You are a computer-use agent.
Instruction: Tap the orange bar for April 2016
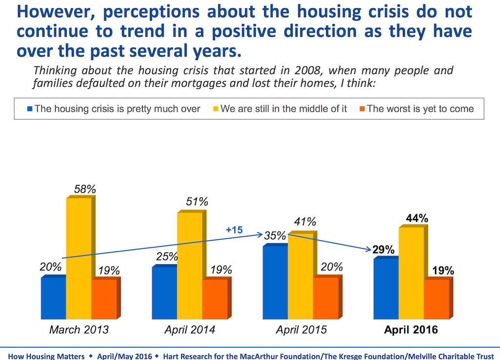coord(436,300)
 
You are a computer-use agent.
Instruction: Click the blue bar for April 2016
coord(386,290)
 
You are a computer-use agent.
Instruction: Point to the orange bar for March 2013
coord(104,300)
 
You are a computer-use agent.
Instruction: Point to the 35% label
coord(274,236)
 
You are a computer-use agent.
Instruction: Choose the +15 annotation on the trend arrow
coord(234,229)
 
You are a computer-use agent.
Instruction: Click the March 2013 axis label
coord(79,330)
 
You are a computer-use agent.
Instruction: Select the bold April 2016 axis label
coord(411,330)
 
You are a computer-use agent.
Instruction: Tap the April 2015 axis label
coord(301,330)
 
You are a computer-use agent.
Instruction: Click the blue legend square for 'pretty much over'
coord(29,108)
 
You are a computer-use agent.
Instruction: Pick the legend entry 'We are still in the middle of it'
coord(283,108)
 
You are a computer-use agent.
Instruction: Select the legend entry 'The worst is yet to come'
coord(420,108)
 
